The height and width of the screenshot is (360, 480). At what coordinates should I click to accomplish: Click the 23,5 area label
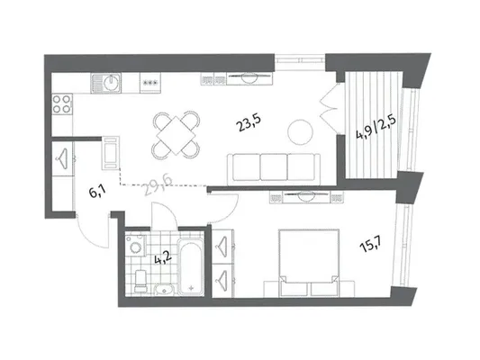(249, 123)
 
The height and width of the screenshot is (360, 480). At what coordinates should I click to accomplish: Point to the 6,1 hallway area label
(97, 192)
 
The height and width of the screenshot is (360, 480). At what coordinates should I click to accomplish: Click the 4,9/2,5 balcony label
(376, 127)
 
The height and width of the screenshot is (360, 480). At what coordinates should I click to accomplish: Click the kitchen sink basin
(110, 83)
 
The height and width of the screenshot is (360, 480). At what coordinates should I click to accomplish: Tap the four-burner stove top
(62, 104)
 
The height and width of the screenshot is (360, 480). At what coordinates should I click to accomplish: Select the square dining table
(176, 135)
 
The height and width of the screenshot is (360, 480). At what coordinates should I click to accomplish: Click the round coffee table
(301, 131)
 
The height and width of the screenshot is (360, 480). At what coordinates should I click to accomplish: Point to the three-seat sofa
(274, 169)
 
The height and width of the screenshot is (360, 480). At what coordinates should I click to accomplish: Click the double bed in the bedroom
(309, 263)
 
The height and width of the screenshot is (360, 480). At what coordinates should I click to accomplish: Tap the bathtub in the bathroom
(191, 267)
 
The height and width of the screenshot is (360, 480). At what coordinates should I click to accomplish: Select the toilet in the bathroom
(140, 281)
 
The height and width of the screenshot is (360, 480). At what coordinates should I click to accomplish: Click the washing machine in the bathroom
(136, 244)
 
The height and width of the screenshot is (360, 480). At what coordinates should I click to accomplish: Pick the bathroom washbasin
(165, 289)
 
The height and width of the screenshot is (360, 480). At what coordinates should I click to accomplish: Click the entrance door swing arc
(91, 236)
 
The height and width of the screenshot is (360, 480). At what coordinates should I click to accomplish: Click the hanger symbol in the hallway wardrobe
(62, 157)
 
